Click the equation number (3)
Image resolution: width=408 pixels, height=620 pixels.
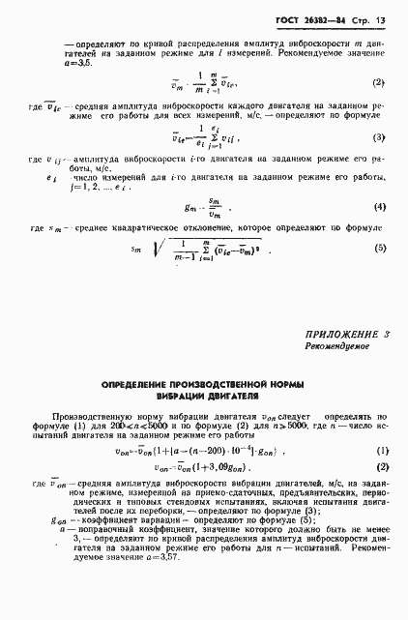click(378, 137)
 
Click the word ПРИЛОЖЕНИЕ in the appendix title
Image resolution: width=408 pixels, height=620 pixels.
click(340, 335)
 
